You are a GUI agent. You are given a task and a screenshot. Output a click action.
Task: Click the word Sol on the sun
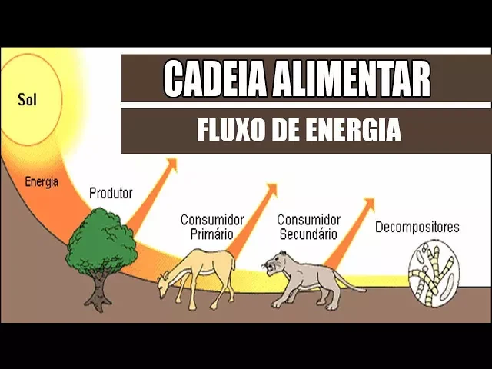[x=28, y=100]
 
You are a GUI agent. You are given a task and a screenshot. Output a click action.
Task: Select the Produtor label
[x=111, y=193]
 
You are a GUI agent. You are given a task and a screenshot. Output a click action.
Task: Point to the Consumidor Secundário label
[x=307, y=226]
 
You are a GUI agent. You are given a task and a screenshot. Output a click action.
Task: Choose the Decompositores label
[x=417, y=228]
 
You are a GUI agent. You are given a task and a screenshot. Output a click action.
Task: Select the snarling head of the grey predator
[x=274, y=265]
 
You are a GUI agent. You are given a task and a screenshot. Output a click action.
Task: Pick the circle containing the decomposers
[x=431, y=273]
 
